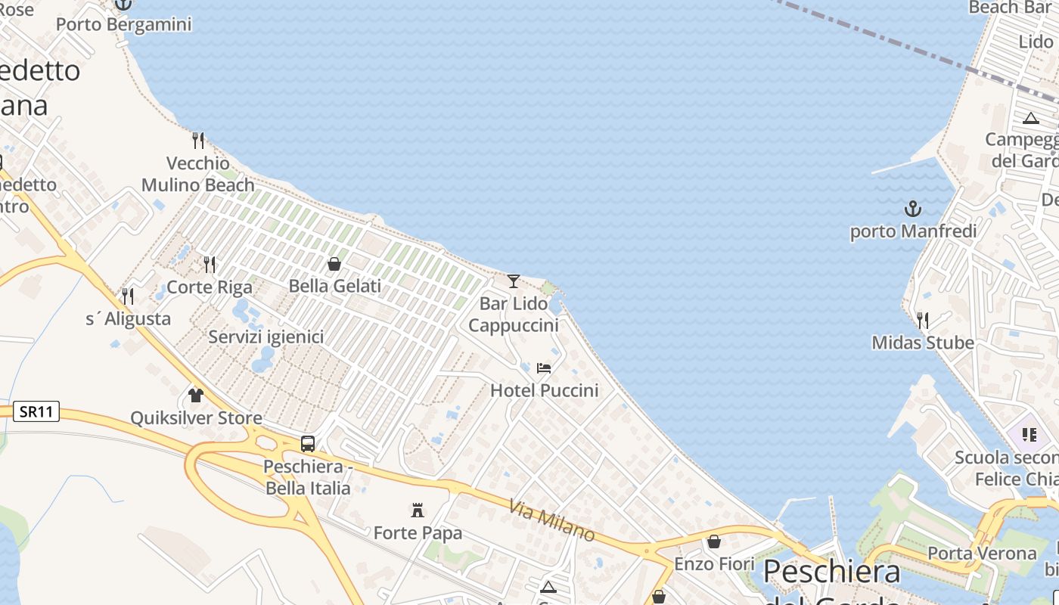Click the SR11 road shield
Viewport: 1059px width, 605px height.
click(36, 412)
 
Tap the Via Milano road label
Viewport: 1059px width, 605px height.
click(551, 520)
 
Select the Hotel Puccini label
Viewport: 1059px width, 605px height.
click(544, 390)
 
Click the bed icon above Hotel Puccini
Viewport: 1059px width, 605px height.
click(544, 368)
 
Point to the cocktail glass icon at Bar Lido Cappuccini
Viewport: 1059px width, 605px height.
click(514, 281)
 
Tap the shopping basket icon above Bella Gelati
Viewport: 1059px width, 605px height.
click(334, 264)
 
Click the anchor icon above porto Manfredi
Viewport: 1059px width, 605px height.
click(913, 209)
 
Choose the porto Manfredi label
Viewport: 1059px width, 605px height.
click(913, 231)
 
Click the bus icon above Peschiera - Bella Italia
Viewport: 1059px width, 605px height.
click(308, 444)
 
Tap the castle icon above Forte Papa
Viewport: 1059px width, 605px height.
click(417, 510)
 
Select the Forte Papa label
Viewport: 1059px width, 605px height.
click(417, 533)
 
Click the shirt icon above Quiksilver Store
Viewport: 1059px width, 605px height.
click(196, 396)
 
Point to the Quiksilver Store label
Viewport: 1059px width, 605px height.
click(196, 418)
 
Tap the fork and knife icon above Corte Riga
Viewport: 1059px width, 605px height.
click(210, 265)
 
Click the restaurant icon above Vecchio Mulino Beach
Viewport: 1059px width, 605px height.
click(198, 140)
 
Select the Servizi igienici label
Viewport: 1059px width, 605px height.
click(266, 337)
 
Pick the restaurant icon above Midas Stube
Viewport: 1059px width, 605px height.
click(923, 321)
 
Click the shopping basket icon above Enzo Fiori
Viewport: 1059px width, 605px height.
click(713, 541)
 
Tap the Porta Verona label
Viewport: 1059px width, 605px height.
click(982, 554)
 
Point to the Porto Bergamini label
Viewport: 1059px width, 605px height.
click(123, 25)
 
